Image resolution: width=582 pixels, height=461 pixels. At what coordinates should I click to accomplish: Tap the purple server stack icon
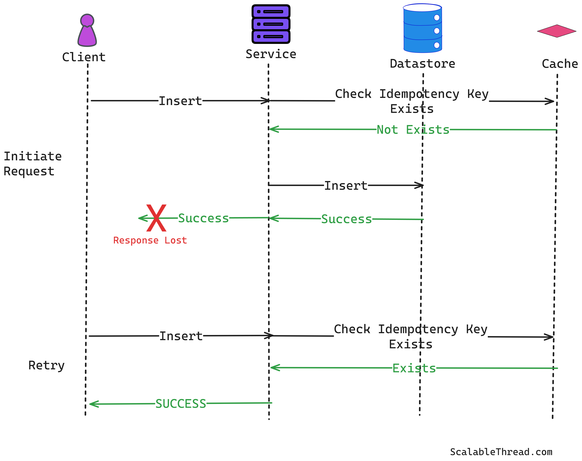271,24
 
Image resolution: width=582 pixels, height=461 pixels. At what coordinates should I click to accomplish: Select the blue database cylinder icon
422,28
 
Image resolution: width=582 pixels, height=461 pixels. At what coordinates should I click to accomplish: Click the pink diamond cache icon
556,31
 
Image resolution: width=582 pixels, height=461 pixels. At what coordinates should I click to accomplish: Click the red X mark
156,218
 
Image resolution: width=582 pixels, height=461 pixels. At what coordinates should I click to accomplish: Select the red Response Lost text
150,240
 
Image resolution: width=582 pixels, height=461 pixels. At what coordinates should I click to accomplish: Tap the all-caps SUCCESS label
181,404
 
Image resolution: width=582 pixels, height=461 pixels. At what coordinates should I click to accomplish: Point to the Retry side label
46,366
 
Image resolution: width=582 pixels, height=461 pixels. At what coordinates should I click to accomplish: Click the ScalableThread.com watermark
501,452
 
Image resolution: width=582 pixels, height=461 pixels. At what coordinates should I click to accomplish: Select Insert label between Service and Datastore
346,186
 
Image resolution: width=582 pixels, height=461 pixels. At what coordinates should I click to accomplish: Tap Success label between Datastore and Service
346,219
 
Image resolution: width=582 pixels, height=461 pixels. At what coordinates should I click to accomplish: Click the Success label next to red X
203,218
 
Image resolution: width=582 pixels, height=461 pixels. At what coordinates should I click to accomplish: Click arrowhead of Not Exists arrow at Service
272,129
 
